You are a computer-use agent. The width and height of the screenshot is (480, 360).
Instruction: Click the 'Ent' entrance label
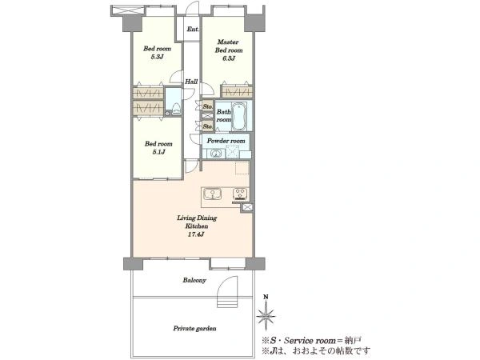[x=192, y=29]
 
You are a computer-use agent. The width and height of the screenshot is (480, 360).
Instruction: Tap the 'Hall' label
[x=191, y=82]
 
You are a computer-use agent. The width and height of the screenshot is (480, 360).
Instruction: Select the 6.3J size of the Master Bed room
[x=229, y=58]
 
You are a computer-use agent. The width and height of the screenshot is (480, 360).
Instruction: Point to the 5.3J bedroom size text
[x=158, y=57]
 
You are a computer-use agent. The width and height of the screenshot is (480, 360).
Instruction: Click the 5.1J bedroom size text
[x=158, y=152]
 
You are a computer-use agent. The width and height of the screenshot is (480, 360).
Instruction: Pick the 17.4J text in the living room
[x=197, y=234]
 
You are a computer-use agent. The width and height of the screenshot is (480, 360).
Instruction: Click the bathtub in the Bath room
[x=238, y=116]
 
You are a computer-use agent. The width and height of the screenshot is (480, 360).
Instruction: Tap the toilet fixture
[x=176, y=109]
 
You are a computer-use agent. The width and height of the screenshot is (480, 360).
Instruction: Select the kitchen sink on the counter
[x=213, y=194]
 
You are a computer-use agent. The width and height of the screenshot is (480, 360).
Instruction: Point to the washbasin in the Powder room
[x=216, y=154]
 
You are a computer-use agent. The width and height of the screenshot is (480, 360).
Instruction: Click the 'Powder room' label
[x=226, y=141]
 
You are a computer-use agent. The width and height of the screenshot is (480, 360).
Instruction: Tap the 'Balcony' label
[x=194, y=280]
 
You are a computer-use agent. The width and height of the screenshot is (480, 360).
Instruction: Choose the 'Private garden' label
[x=194, y=329]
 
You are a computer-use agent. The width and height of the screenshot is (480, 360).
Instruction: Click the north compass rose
[x=266, y=316]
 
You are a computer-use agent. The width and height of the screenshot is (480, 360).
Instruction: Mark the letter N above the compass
[x=266, y=297]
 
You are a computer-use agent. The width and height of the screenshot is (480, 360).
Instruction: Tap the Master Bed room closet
[x=237, y=92]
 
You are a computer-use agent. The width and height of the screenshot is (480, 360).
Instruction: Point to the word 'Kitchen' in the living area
[x=197, y=226]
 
